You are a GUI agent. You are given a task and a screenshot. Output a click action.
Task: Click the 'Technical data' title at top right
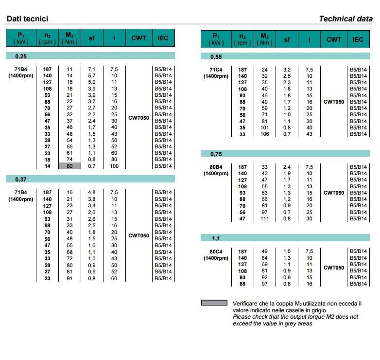point(345,19)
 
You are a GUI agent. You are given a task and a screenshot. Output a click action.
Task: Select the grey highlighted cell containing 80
point(69,166)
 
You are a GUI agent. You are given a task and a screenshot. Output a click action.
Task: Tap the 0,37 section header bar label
point(21,180)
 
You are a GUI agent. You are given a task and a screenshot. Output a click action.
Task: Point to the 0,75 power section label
point(216,154)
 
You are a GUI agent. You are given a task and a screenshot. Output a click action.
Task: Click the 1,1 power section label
point(216,239)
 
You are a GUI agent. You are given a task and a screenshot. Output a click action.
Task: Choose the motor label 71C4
point(215,70)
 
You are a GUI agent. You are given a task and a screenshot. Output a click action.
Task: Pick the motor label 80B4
point(215,167)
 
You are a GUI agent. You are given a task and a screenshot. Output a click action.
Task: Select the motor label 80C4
point(215,252)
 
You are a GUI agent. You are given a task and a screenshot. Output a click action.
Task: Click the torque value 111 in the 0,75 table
point(264,218)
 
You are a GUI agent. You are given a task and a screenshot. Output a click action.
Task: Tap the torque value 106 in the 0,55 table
point(264,134)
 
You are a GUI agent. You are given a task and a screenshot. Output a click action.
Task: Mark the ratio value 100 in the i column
point(114,166)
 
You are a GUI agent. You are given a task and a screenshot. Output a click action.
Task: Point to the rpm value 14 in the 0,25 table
point(48,166)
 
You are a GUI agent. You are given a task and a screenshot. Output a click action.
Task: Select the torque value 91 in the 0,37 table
point(69,278)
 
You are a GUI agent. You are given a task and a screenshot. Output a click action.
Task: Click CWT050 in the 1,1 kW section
point(334,268)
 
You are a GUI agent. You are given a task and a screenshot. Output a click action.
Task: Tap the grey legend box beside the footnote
point(214,303)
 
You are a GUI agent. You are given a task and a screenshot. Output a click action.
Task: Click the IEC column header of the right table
point(358,39)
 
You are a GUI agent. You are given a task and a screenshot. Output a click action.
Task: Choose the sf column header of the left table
point(91,38)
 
